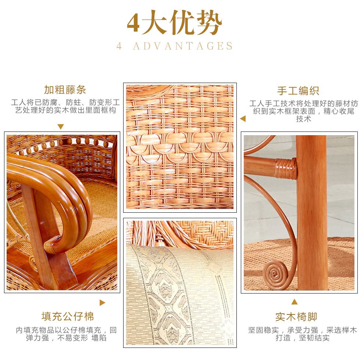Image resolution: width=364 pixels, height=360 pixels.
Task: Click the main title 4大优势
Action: (x=174, y=22)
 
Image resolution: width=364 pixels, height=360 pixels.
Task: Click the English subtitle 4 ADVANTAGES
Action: (x=174, y=46)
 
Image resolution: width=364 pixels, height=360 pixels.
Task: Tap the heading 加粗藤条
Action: (x=65, y=90)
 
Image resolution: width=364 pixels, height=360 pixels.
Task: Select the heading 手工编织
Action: (x=298, y=90)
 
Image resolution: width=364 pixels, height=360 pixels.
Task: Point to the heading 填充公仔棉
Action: (x=68, y=316)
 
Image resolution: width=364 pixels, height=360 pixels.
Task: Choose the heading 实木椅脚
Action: (x=296, y=317)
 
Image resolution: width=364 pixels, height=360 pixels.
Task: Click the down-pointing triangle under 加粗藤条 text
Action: (x=61, y=127)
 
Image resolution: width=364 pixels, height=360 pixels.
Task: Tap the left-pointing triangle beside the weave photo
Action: (x=243, y=119)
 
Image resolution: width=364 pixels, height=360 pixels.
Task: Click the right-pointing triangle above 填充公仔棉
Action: (x=102, y=303)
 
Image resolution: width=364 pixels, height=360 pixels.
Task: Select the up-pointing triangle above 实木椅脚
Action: (x=295, y=302)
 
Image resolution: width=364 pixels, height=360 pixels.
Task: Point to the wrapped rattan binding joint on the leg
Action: (x=286, y=169)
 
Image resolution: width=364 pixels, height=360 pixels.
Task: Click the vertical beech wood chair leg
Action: (x=311, y=212)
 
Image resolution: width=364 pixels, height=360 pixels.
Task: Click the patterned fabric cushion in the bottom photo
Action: (x=180, y=295)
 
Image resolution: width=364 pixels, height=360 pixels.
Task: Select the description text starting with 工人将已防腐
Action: (x=65, y=106)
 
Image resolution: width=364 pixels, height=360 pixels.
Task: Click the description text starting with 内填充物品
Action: (x=66, y=334)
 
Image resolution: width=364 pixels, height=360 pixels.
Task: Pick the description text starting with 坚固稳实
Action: (x=303, y=334)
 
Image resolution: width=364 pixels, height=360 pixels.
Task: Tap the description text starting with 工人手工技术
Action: (x=304, y=111)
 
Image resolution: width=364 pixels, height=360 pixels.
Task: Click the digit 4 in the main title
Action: (x=133, y=23)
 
